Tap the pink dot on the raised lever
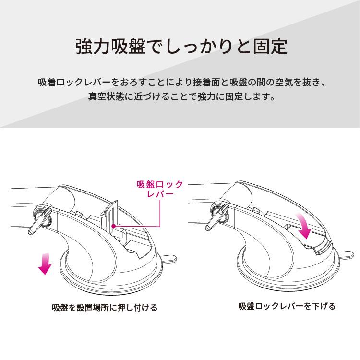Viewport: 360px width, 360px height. (112, 225)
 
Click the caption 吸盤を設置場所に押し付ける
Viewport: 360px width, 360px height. (104, 307)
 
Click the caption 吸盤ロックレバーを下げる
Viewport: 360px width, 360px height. (287, 306)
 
